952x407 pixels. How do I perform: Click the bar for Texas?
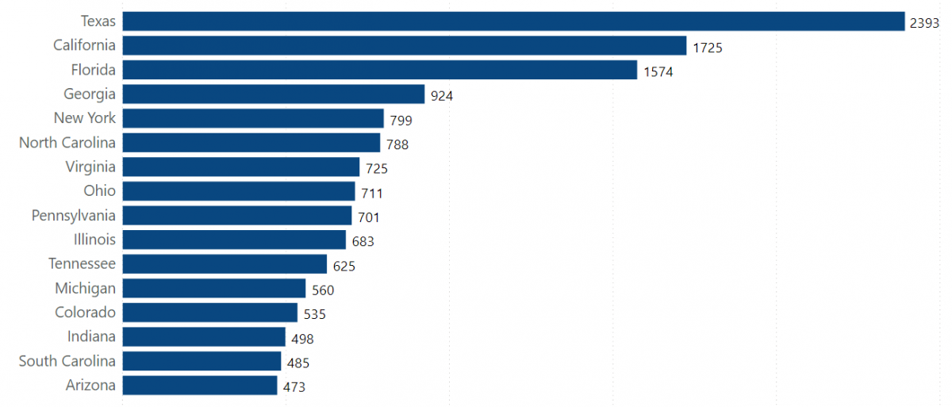[x=513, y=21]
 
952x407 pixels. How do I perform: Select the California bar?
[x=405, y=46]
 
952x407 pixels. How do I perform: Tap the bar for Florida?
[x=380, y=70]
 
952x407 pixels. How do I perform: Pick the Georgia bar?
[x=274, y=94]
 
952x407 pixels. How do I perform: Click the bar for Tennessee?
[x=225, y=264]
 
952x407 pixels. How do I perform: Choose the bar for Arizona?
[x=200, y=386]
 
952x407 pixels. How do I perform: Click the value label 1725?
[x=707, y=48]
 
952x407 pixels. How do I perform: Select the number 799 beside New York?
[x=401, y=121]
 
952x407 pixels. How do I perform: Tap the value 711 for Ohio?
[x=371, y=194]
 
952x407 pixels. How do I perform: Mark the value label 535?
[x=314, y=314]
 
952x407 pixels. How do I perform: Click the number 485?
[x=298, y=363]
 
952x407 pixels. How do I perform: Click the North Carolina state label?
[x=67, y=143]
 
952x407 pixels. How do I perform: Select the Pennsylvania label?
[x=73, y=216]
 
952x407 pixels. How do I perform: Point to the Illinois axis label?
[x=94, y=240]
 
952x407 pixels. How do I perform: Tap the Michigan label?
[x=85, y=288]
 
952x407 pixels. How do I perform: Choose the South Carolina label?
[x=67, y=361]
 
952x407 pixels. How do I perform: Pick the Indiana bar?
[x=204, y=337]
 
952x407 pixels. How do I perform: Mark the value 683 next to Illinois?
[x=363, y=242]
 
